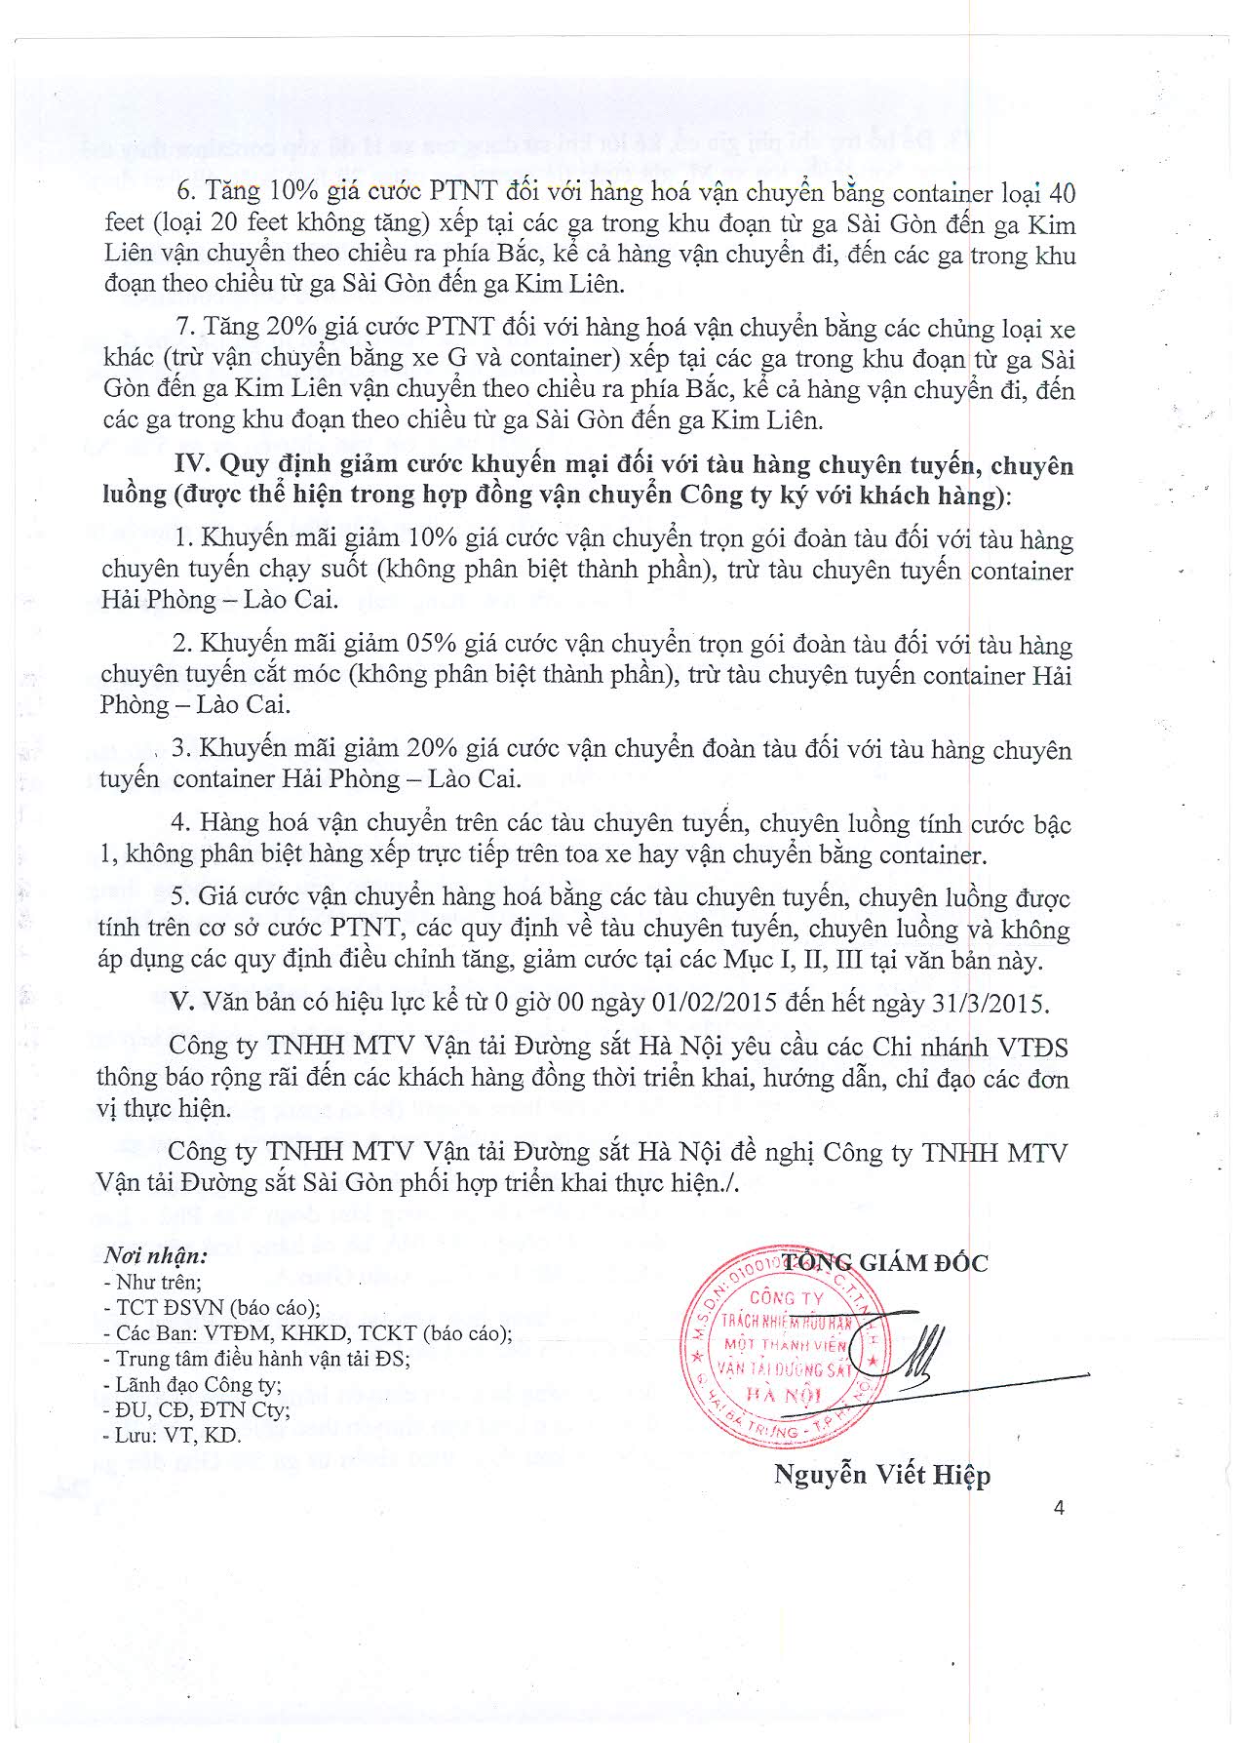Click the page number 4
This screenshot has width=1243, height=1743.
(1059, 1507)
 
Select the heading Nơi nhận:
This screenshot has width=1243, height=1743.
(156, 1255)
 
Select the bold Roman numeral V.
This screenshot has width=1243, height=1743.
(177, 1003)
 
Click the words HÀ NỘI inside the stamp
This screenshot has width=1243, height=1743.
(783, 1394)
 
